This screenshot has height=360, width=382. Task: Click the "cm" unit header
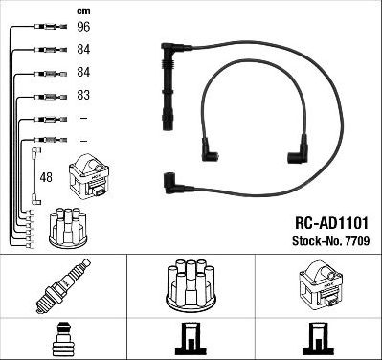click(82, 10)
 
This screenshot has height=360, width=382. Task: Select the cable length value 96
click(83, 28)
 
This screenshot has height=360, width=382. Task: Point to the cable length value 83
click(83, 96)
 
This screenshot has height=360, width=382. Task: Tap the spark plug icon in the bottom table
click(63, 284)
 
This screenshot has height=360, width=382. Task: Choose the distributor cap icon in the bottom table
click(191, 283)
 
